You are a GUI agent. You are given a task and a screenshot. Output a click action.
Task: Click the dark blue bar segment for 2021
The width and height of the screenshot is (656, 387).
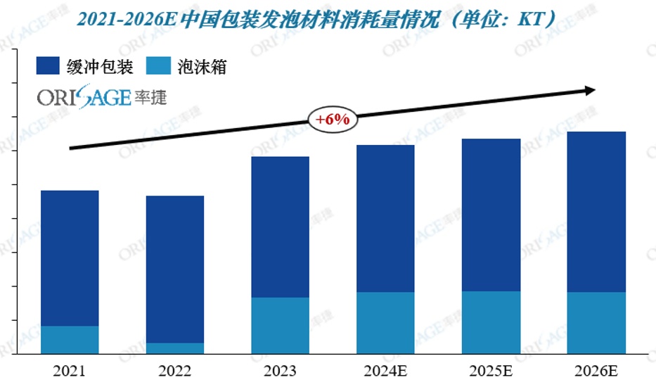pos(70,258)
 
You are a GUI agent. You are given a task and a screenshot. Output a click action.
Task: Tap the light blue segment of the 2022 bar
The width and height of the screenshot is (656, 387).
pos(174,348)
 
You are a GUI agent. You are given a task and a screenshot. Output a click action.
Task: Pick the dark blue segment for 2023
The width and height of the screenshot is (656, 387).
pos(280,227)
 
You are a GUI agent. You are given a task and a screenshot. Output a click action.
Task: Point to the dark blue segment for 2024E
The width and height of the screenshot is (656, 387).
pos(385,218)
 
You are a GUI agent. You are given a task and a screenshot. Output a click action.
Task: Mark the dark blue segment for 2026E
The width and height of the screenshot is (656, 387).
pos(596,211)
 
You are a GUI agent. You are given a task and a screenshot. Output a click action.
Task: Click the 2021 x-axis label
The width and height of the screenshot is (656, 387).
pos(69,371)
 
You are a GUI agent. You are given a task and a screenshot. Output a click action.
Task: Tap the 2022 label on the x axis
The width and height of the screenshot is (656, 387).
pos(174,371)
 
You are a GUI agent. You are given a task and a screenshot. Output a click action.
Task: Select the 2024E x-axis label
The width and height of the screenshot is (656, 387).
pos(385,371)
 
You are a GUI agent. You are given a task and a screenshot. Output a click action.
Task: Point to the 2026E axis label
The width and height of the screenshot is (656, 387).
pos(596,371)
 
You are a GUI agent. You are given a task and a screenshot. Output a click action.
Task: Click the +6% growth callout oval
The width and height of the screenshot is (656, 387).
pos(333,120)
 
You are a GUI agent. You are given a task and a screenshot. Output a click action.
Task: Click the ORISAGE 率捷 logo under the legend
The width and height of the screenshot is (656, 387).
pos(102,97)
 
